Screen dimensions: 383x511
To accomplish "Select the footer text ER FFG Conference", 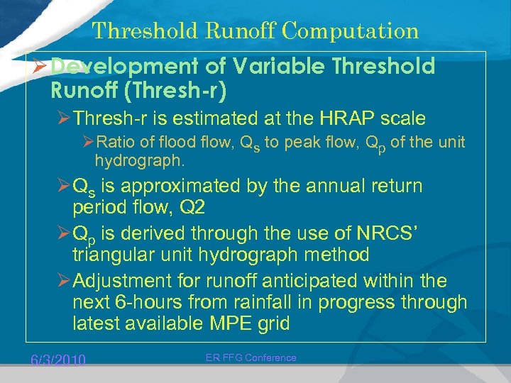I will click(x=251, y=357).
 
